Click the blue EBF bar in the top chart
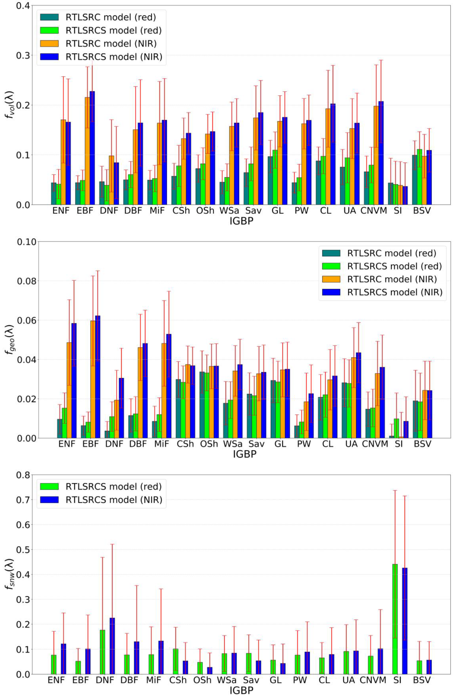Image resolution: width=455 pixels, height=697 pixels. coord(92,148)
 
